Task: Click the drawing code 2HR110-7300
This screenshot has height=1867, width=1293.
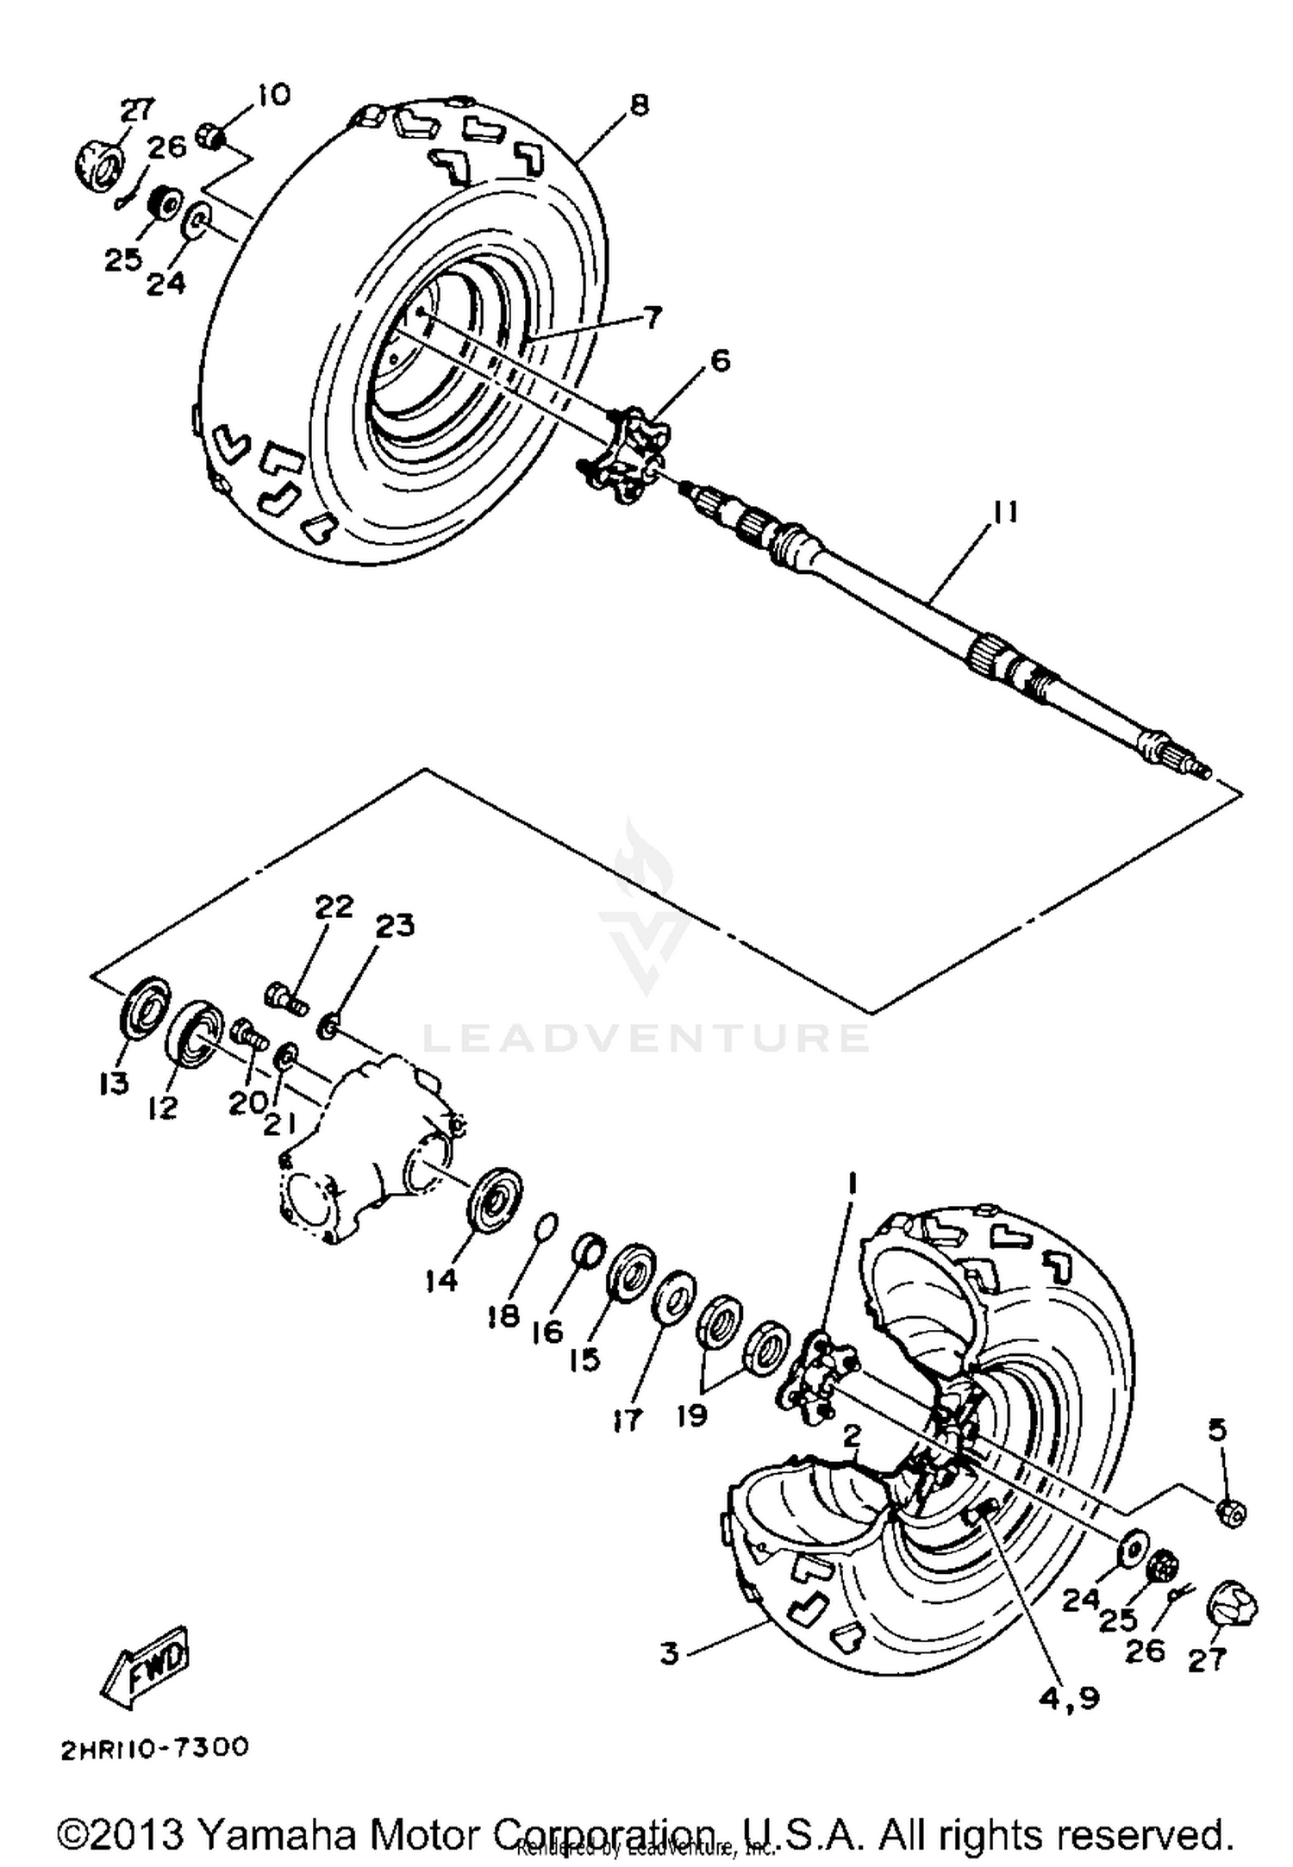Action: [154, 1746]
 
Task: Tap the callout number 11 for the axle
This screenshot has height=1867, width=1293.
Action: [1003, 512]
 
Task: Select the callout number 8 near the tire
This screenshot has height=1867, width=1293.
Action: [639, 105]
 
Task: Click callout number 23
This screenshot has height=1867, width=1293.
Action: [395, 925]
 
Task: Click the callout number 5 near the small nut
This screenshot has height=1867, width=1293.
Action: [1216, 1429]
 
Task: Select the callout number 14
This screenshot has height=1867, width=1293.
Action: [440, 1281]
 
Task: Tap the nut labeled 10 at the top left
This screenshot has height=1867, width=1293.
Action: [213, 135]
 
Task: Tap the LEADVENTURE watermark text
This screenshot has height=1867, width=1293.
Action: [646, 1038]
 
